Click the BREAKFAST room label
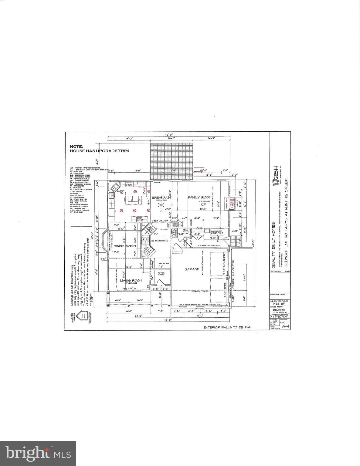coord(161,198)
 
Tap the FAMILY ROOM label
coord(199,198)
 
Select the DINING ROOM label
coord(127,246)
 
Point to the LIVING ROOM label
coord(131,280)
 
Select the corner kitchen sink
coord(114,187)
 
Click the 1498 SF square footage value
coord(276,303)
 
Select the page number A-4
coord(285,326)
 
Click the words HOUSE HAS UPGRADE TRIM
coord(99,150)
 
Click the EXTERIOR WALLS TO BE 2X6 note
coord(228,327)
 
